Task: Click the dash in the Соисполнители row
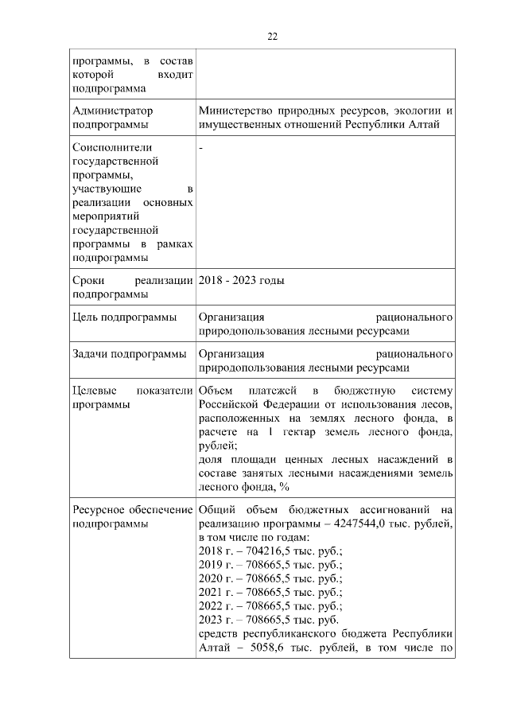point(200,148)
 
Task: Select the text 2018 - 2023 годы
point(241,280)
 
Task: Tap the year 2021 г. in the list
point(214,592)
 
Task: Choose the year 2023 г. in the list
point(214,620)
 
